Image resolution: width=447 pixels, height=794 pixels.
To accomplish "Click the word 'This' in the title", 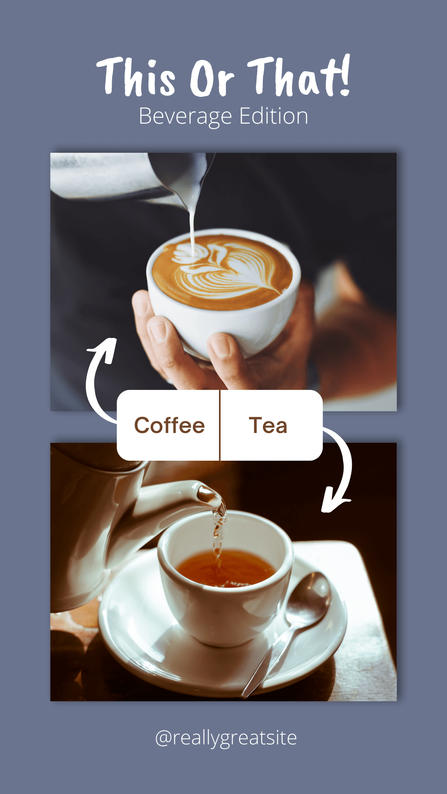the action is click(136, 77).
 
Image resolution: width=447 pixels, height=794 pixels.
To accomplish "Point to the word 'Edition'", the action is click(274, 116).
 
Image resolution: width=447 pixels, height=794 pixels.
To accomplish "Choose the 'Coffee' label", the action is click(169, 426).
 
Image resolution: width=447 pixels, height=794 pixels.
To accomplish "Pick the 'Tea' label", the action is click(268, 426).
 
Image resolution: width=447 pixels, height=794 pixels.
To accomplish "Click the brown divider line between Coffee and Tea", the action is click(220, 425).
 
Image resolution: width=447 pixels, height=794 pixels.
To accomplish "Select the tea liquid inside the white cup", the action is click(226, 569).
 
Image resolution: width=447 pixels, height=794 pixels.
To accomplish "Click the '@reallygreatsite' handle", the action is click(226, 738).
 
